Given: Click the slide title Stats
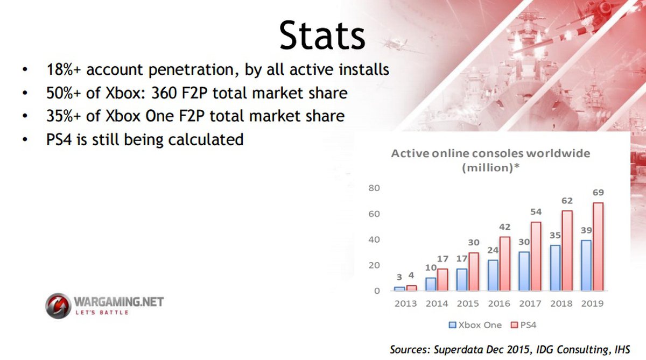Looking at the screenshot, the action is (322, 36).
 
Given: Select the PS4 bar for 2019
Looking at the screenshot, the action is (598, 246).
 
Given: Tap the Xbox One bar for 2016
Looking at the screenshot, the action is (493, 276).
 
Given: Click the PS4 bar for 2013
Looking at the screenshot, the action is (411, 288).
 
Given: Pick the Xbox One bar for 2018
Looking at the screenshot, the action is (555, 268).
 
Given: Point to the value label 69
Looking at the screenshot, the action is (598, 192).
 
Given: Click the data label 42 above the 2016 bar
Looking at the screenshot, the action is (505, 227).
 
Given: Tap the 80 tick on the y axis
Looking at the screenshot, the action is (374, 188).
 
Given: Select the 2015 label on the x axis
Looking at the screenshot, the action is (468, 303).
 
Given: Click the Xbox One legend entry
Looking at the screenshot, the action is (475, 325).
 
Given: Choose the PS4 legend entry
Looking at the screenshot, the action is (523, 325).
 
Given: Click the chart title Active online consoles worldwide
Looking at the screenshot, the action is (490, 153).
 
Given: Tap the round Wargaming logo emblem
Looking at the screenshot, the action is (58, 306).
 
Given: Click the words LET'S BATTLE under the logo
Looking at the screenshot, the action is (102, 313).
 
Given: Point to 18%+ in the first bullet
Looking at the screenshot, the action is (64, 70).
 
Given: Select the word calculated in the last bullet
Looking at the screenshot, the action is (206, 139).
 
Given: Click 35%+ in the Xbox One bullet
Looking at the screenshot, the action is (64, 116).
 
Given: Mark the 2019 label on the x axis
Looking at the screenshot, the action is (592, 303).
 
